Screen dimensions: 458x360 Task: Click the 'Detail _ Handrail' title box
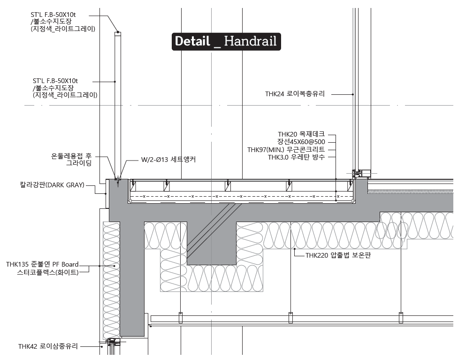(226, 41)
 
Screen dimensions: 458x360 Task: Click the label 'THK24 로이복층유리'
(295, 94)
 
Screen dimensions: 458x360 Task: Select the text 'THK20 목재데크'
(301, 134)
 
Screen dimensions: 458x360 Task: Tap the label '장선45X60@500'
(301, 142)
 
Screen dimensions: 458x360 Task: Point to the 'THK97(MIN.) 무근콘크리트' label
(286, 150)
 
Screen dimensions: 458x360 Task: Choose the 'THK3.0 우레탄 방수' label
(296, 157)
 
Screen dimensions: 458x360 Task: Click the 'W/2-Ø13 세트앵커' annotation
(168, 160)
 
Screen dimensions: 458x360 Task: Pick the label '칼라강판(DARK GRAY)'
(52, 185)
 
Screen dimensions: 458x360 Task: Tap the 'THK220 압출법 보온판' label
(338, 255)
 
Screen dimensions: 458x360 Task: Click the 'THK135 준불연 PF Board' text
(42, 264)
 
